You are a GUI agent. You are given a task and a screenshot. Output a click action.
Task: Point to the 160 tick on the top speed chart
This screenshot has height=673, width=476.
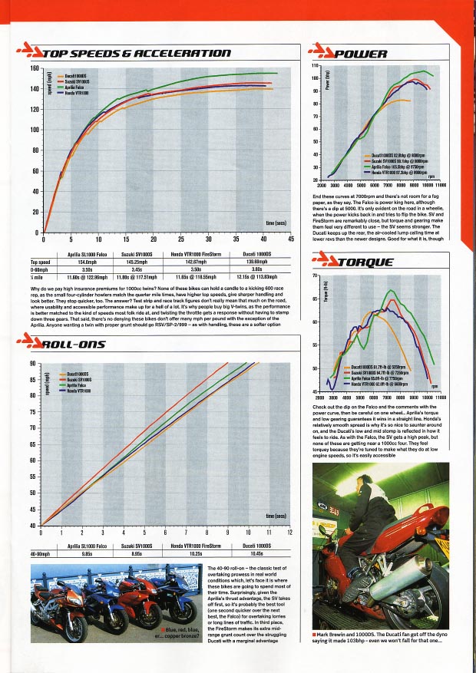(34, 68)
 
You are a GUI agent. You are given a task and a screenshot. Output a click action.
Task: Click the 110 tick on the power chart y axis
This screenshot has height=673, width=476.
(316, 68)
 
